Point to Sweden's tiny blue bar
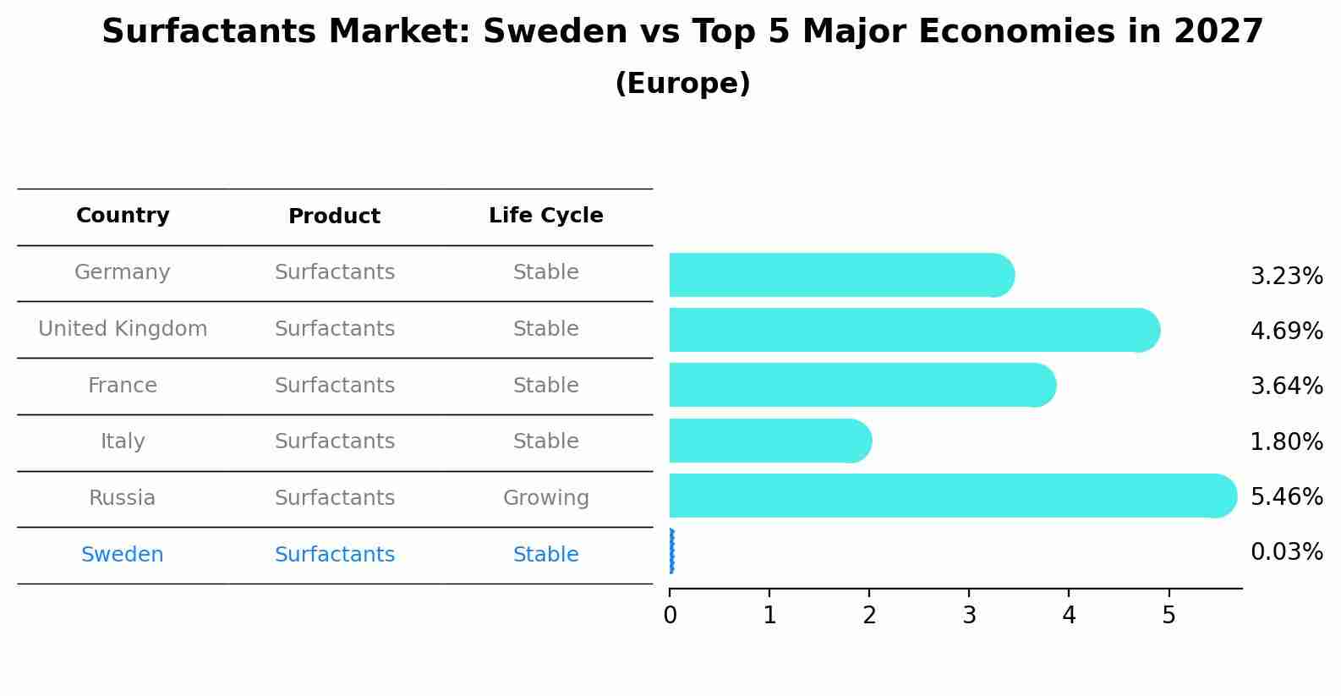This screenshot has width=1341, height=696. click(671, 551)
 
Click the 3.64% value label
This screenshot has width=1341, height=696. click(1286, 386)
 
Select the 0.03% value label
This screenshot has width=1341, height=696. click(1286, 552)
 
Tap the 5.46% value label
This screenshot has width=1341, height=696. click(1286, 496)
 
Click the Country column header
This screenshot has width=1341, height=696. click(123, 216)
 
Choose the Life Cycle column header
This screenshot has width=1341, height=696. click(545, 216)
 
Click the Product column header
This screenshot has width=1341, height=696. click(334, 216)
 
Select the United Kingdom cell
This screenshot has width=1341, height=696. click(123, 329)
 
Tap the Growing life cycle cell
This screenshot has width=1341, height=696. click(545, 498)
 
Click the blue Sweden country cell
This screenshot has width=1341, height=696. click(123, 555)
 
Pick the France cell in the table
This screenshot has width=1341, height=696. click(123, 386)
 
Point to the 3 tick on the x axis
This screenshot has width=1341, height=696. click(969, 616)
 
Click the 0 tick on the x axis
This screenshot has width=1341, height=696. click(670, 616)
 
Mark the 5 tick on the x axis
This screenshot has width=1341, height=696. click(1169, 616)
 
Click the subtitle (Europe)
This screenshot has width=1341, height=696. click(682, 84)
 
